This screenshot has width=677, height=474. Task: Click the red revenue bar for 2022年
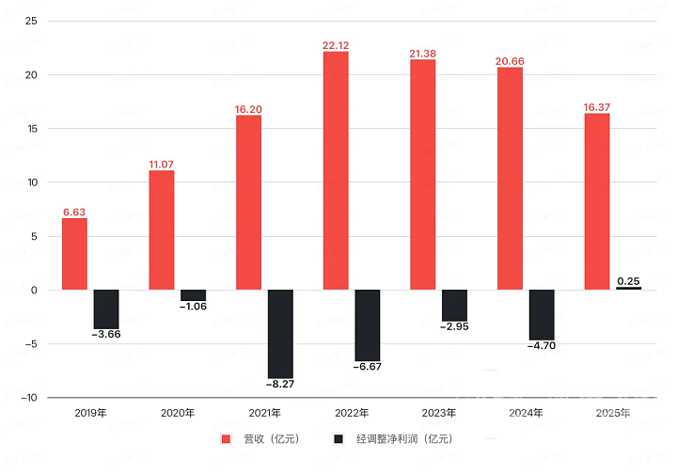click(x=336, y=170)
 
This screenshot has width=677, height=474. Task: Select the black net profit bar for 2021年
click(x=280, y=333)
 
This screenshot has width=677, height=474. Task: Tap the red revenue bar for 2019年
click(x=74, y=254)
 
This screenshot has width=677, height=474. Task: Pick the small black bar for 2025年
click(x=628, y=288)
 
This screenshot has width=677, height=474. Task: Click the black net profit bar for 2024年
click(x=542, y=314)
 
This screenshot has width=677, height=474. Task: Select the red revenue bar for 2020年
click(x=162, y=229)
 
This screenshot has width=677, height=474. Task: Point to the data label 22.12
click(x=336, y=45)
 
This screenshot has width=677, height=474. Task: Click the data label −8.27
click(x=280, y=384)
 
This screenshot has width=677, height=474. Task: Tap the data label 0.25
click(x=628, y=279)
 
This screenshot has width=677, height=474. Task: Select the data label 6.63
click(x=74, y=212)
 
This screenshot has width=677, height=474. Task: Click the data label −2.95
click(x=454, y=326)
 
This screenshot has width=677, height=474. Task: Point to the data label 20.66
click(x=510, y=60)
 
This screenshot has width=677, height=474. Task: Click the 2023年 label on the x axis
click(x=439, y=412)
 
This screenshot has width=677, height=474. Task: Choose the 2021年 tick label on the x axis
click(x=265, y=412)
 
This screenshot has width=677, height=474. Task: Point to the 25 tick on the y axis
click(x=30, y=21)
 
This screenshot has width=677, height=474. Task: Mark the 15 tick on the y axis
click(x=30, y=129)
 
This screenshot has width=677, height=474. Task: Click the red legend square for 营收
click(x=226, y=439)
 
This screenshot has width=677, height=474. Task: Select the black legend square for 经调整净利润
click(x=338, y=439)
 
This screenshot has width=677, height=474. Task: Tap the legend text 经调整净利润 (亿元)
click(x=403, y=439)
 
